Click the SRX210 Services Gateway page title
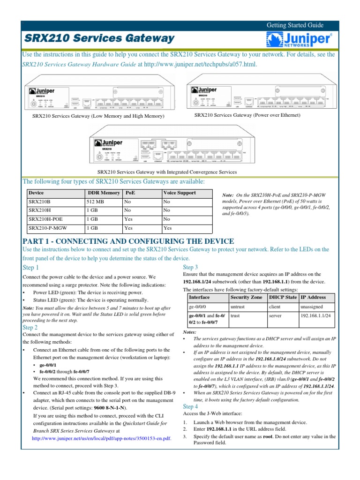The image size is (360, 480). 98,38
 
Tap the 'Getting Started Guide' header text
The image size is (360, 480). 295,25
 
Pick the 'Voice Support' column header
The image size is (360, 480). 180,193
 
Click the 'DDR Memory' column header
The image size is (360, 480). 104,193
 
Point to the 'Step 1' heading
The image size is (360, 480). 31,268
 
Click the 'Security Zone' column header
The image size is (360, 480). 247,297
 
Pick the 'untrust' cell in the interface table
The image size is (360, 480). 239,307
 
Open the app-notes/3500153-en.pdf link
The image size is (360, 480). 101,439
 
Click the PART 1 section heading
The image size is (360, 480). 128,241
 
